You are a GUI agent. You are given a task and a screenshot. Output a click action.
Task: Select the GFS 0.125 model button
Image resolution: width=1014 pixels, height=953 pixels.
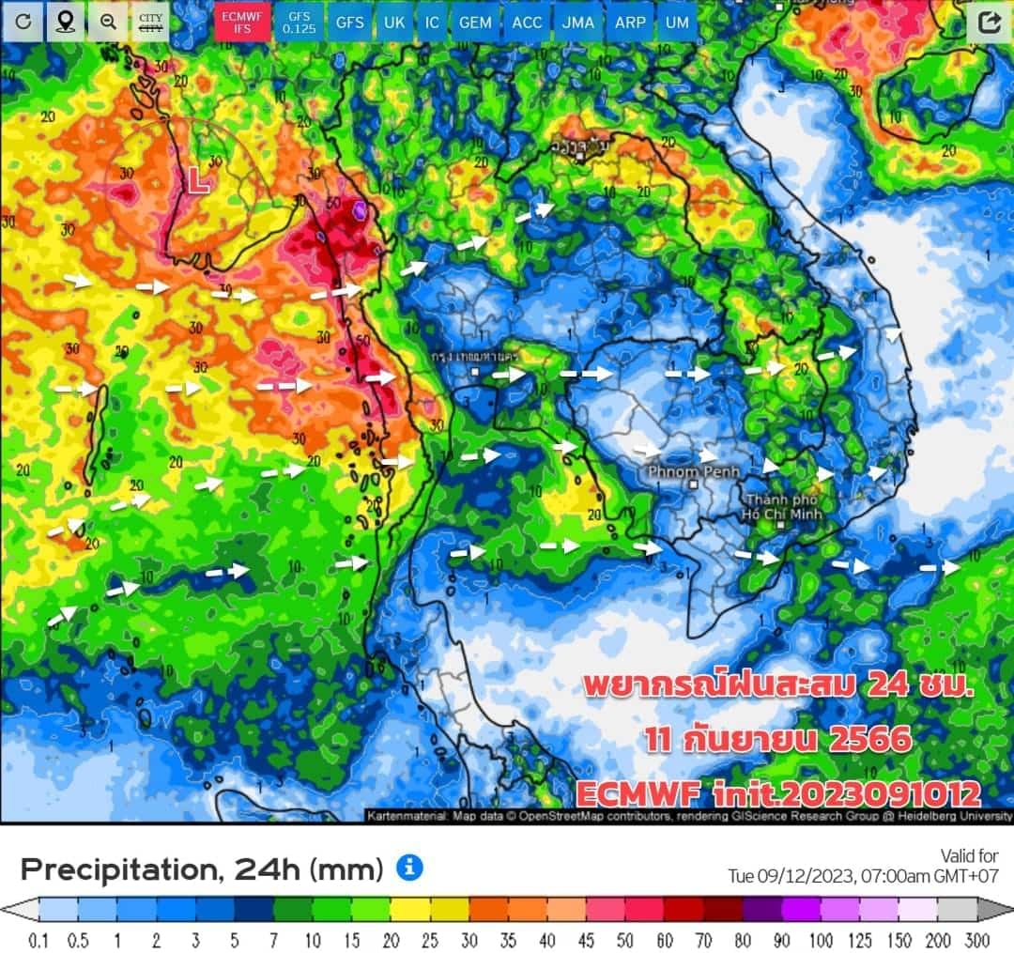[x=300, y=23]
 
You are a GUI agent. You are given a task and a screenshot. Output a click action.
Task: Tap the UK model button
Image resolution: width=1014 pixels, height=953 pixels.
[x=394, y=23]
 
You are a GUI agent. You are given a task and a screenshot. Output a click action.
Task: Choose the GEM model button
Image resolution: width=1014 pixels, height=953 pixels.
[x=475, y=23]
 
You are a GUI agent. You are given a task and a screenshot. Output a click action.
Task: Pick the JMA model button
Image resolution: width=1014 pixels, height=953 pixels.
[x=578, y=23]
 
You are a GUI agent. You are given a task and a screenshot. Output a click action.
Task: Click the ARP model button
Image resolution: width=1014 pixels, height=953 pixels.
[x=630, y=23]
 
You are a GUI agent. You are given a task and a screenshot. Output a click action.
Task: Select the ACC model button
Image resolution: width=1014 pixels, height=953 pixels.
[x=527, y=23]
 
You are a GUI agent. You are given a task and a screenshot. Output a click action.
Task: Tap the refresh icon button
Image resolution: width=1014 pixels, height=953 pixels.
[x=22, y=22]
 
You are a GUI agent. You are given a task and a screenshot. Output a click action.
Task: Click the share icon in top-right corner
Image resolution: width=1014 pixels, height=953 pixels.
[x=989, y=23]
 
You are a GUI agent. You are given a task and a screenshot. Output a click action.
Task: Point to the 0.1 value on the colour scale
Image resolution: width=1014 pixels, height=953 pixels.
[x=38, y=940]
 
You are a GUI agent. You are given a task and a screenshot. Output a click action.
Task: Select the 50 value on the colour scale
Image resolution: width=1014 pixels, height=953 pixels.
[x=623, y=940]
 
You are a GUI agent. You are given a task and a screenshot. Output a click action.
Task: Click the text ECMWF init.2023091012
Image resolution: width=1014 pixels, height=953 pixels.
[x=778, y=794]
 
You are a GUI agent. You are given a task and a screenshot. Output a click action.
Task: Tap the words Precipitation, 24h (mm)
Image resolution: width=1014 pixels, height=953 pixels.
[x=202, y=869]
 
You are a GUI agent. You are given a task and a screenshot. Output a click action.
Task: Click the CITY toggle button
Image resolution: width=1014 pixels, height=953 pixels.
[x=150, y=23]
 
